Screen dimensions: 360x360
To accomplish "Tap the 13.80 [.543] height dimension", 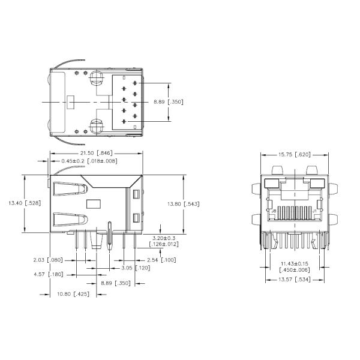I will click(183, 204).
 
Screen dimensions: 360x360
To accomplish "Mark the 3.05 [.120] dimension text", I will click(124, 268).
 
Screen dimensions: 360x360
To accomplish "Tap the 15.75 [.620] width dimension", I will click(294, 155).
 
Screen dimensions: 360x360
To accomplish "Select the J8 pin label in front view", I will click(274, 211).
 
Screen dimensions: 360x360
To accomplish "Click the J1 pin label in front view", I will click(314, 211).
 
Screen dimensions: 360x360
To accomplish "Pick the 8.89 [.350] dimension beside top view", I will click(167, 102).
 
